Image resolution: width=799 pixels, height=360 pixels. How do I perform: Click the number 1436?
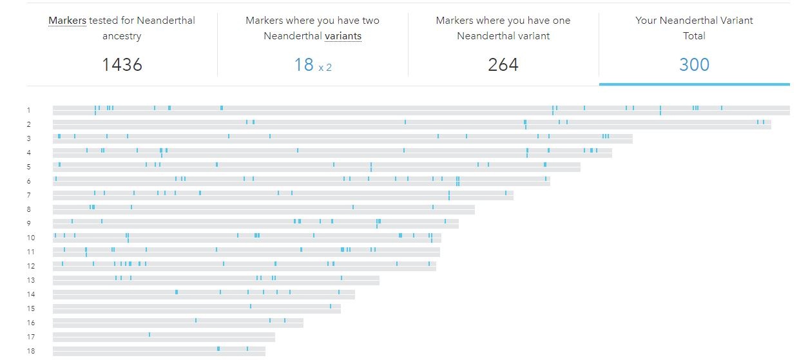pos(122,64)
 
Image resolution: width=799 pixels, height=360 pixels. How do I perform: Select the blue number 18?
pos(303,64)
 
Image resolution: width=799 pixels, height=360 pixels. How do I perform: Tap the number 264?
pos(503,64)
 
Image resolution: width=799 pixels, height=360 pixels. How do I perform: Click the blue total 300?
pos(694,64)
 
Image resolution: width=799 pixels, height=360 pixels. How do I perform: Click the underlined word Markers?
pos(67,21)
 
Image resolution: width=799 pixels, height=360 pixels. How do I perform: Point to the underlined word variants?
pos(343,36)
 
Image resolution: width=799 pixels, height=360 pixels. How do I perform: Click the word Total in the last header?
pos(694,36)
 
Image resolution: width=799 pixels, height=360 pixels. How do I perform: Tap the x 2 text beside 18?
pos(325,66)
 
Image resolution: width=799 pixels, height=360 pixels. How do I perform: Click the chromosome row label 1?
pos(29,110)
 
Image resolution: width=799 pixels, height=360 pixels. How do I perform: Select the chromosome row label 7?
pos(29,195)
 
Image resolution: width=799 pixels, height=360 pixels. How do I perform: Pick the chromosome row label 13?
pos(31,280)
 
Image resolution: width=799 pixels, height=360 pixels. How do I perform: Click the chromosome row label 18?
pos(31,351)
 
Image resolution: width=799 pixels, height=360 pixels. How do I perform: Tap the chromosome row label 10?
pos(31,238)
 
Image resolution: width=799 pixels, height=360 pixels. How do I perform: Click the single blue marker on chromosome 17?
pos(149,334)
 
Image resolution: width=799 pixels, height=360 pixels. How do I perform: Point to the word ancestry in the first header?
pos(122,36)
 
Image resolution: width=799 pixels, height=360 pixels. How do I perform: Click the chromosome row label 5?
pos(29,167)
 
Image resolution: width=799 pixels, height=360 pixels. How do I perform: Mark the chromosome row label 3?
pos(29,138)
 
